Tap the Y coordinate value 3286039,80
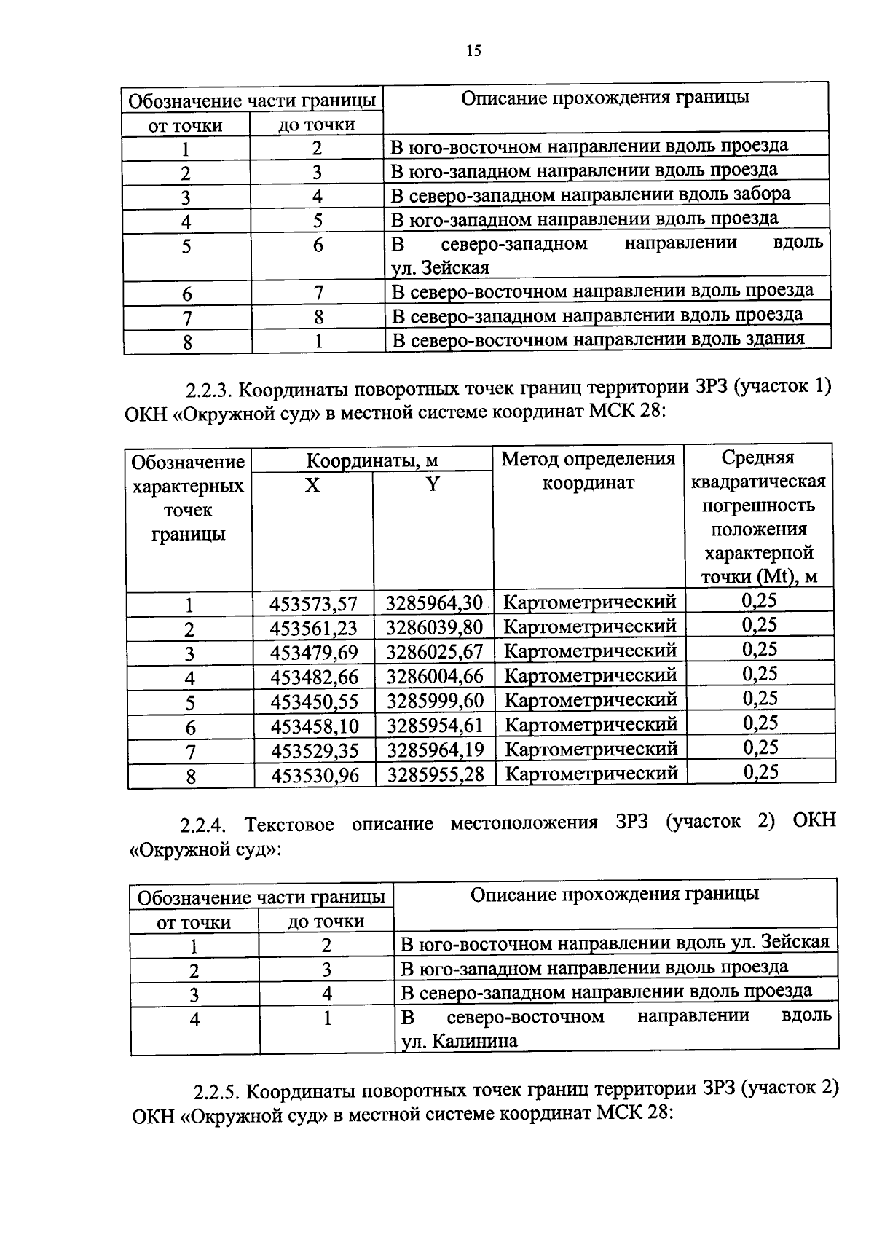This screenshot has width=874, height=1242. (434, 627)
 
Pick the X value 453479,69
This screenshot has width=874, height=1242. (314, 652)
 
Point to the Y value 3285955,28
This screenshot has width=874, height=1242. (436, 774)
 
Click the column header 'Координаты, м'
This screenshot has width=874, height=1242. (371, 460)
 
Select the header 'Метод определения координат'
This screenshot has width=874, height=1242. (588, 471)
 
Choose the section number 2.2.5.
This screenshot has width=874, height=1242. (216, 1092)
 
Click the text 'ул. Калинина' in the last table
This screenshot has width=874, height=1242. (460, 1042)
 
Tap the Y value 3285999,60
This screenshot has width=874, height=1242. (435, 701)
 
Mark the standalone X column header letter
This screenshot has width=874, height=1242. (312, 485)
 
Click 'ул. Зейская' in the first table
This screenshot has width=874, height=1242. (440, 268)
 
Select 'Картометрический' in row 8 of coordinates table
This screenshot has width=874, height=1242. (591, 773)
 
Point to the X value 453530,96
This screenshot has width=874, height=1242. (315, 776)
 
